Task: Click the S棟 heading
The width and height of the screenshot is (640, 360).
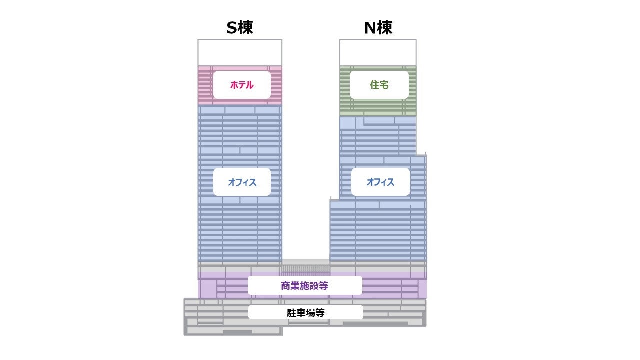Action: (x=240, y=28)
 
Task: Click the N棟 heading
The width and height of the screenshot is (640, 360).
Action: (x=378, y=28)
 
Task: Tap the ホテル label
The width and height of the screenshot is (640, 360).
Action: (x=242, y=85)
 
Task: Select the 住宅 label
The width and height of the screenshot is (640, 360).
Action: (x=379, y=85)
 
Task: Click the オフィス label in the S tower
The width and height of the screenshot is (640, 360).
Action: (x=242, y=182)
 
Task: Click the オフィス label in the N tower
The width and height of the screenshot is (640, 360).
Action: (x=380, y=182)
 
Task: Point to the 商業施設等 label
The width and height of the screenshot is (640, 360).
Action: (x=305, y=286)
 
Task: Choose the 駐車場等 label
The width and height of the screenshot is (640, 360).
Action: (x=306, y=313)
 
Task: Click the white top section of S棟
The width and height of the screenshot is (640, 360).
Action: (x=240, y=52)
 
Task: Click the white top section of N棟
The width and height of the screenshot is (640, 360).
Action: (x=378, y=52)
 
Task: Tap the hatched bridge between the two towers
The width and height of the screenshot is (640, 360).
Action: (x=306, y=268)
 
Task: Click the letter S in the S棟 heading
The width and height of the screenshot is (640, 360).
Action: (x=231, y=28)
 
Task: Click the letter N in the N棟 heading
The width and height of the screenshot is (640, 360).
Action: (x=370, y=28)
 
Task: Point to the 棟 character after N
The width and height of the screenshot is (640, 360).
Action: (x=385, y=28)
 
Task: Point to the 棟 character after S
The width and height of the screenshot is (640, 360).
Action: (x=246, y=28)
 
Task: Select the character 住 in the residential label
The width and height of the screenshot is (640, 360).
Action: (x=374, y=85)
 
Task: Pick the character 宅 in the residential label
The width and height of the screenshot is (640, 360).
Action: (x=384, y=85)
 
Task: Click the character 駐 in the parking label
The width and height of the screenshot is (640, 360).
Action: (x=291, y=313)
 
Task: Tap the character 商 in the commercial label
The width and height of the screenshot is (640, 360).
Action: (x=286, y=286)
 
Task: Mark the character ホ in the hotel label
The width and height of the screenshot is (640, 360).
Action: (x=234, y=85)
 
